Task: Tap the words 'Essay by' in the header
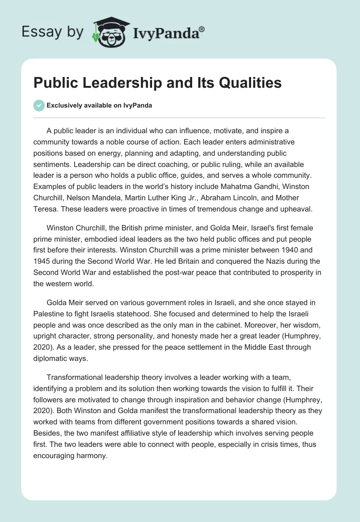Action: pyautogui.click(x=52, y=32)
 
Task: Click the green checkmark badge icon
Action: pyautogui.click(x=39, y=105)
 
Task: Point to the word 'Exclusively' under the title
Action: pyautogui.click(x=64, y=106)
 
